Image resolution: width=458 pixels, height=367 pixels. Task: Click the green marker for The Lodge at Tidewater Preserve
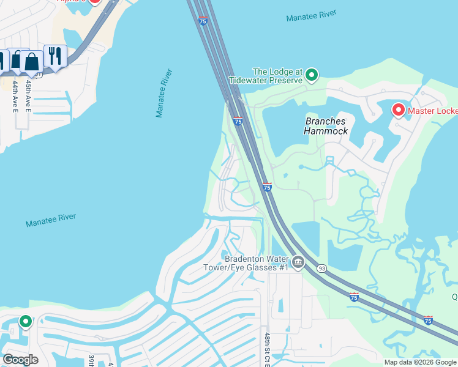[x=312, y=75]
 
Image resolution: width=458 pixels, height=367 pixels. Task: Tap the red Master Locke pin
[x=399, y=110]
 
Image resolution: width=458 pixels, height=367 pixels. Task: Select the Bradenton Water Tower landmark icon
[x=298, y=263]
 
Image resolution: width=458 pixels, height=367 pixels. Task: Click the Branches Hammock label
[x=326, y=126]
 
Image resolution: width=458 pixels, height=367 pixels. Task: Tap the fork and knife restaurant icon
[x=56, y=57]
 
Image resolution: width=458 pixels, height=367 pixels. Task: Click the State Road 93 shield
[x=321, y=269]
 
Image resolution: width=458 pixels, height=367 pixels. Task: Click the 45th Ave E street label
[x=28, y=95]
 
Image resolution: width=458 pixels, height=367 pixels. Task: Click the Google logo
[x=20, y=360]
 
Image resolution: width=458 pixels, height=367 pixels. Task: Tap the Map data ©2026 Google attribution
[x=421, y=362]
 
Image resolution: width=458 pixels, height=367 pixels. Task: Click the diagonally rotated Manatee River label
[x=164, y=93]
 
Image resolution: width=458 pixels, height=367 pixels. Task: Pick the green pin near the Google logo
[x=25, y=321]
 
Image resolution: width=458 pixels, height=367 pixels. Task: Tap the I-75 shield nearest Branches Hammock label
[x=238, y=122]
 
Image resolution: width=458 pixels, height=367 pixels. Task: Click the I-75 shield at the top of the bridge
[x=203, y=21]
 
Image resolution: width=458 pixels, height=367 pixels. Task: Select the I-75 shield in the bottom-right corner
[x=428, y=320]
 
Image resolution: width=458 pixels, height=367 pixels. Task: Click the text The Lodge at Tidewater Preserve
[x=266, y=76]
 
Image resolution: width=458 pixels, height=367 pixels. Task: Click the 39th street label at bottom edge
[x=91, y=360]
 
